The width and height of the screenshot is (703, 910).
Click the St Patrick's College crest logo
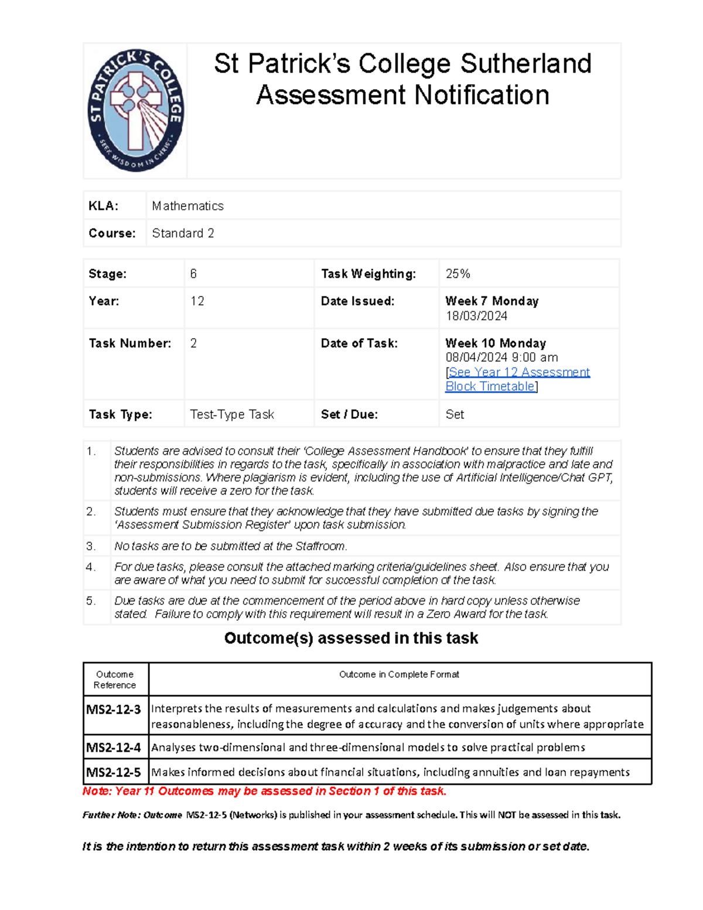[135, 110]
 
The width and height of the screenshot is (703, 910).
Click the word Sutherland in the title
[525, 64]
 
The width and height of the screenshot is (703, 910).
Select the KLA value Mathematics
[187, 206]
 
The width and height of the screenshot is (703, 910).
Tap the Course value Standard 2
[183, 233]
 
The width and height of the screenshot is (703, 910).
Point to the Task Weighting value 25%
[458, 274]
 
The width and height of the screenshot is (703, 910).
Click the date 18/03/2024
[476, 316]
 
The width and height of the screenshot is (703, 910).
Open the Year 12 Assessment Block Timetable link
[518, 379]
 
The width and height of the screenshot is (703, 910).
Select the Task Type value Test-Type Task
[232, 414]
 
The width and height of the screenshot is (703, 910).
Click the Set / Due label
[349, 414]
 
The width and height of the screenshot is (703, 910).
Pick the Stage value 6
[193, 274]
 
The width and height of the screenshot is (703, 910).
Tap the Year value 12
[197, 301]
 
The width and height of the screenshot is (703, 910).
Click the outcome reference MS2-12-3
[114, 710]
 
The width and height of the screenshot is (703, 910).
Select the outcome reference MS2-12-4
[114, 748]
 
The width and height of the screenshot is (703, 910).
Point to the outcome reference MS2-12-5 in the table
[114, 772]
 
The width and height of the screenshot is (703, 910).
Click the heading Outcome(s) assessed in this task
[351, 638]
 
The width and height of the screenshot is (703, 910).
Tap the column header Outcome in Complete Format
[399, 674]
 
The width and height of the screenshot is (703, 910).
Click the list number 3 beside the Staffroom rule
[90, 546]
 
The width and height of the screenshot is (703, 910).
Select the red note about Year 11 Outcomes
[265, 791]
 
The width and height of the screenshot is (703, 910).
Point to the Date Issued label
[357, 301]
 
